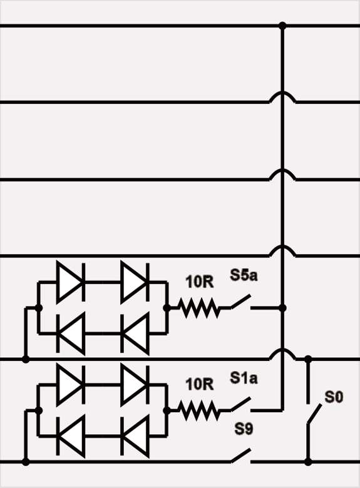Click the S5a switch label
(244, 275)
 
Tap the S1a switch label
(244, 378)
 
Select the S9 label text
(244, 429)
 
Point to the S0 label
(334, 397)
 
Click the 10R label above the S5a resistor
(200, 282)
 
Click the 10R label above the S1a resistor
(200, 384)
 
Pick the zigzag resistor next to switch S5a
(199, 308)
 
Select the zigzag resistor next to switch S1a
(199, 410)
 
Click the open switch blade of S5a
(240, 302)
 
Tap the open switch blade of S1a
(240, 404)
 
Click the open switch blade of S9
(240, 455)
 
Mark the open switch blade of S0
(314, 414)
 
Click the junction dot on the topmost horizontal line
(282, 26)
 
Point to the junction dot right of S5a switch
(282, 308)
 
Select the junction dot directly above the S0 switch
(308, 359)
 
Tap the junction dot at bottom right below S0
(308, 462)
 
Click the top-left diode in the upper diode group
(71, 282)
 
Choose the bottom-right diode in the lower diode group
(135, 437)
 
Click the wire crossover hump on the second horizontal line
(282, 96)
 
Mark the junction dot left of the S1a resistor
(167, 410)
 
